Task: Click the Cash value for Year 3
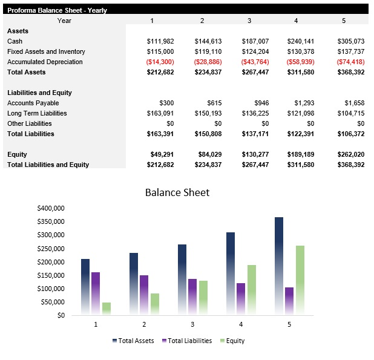point(255,41)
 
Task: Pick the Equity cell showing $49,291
point(162,154)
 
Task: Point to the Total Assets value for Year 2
point(208,72)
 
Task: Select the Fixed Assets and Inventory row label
point(46,51)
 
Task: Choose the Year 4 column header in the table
point(296,21)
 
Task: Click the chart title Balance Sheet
point(177,192)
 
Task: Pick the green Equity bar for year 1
point(107,308)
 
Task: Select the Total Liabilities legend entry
point(187,341)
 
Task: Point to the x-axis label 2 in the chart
point(144,325)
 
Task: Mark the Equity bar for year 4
point(252,289)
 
